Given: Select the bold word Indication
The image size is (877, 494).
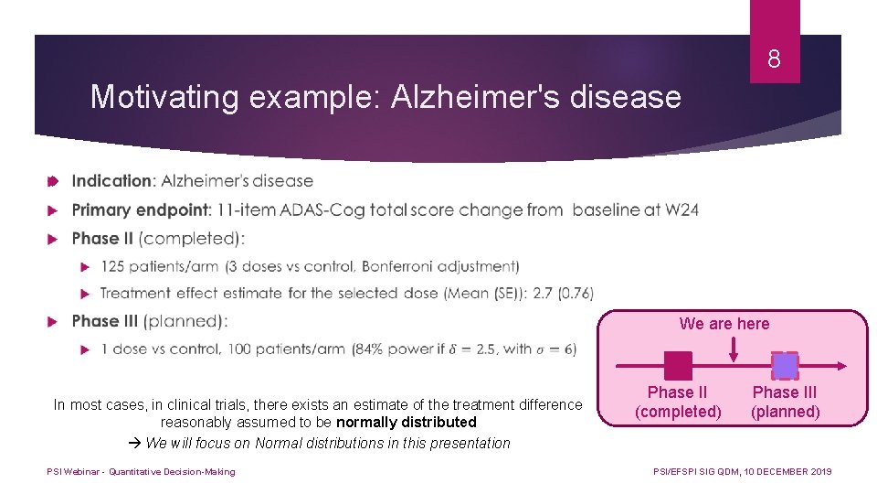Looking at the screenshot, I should pos(112,181).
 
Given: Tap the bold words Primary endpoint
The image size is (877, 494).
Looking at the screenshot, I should pos(141,209).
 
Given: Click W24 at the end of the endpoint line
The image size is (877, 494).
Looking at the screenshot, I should pos(682,209).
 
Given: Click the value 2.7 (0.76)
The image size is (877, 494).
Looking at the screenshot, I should pos(558,293).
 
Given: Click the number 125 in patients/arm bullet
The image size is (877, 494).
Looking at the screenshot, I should pos(114,266).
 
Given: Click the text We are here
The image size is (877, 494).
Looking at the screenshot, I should pos(724,324).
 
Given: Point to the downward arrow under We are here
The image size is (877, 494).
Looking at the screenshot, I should pos(732,348).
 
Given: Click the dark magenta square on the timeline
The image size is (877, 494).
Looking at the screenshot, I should pos(678,366).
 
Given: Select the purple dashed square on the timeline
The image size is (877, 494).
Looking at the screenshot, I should pos(785,366).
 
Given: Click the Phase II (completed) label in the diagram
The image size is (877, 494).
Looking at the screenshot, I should pos(678,402).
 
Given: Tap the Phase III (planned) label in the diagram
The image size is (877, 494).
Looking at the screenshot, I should pos(785,402).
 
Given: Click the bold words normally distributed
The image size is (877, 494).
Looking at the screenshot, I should pos(407,423).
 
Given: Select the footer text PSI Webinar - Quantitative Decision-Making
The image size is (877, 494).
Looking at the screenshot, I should pos(141,472).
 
